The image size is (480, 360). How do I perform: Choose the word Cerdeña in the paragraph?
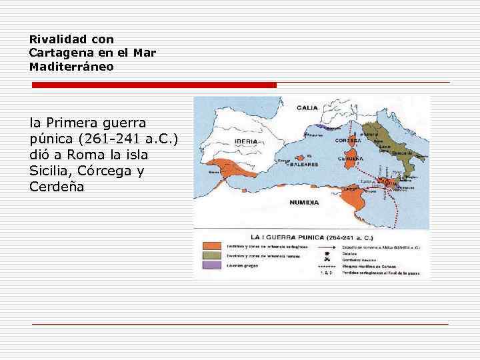(x=57, y=187)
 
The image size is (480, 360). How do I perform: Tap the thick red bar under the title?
(x=154, y=85)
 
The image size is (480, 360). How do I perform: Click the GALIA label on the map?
(x=307, y=107)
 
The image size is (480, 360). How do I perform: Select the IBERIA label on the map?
(x=247, y=141)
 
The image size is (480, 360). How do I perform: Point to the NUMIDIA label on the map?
(x=304, y=202)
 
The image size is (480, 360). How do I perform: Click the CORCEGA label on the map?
(x=347, y=141)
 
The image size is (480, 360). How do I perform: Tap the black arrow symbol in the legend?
(x=326, y=247)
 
